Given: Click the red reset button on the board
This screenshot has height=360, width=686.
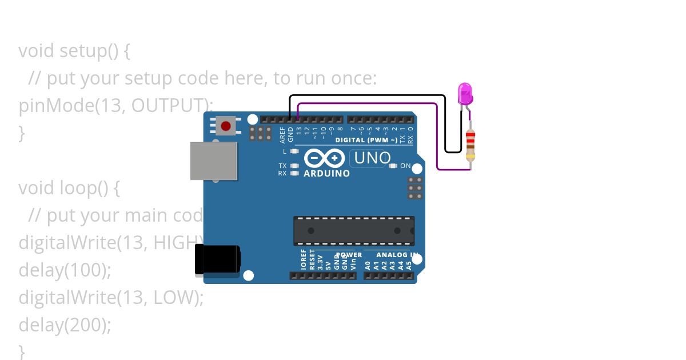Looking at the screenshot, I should tap(226, 126).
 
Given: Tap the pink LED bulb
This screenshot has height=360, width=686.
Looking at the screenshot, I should tap(465, 93).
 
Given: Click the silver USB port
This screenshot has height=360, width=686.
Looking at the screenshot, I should tap(213, 161).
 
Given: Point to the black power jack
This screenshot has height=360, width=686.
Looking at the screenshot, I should tap(217, 259).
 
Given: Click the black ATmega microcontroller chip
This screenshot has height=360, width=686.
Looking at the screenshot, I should tap(354, 231).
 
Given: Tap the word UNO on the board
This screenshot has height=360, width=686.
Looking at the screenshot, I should tap(372, 158).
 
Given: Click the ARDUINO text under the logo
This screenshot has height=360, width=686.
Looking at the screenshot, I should tap(326, 173).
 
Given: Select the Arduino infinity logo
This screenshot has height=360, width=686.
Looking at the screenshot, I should tap(324, 158).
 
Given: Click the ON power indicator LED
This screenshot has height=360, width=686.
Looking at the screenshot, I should tap(393, 166).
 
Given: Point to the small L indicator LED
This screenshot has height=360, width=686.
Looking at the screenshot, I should tap(294, 151).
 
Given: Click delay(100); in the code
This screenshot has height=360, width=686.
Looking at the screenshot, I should tap(65, 270).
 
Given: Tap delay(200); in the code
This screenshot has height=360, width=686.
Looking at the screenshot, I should tap(65, 325).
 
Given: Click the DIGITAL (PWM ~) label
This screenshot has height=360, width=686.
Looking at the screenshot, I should tap(366, 140).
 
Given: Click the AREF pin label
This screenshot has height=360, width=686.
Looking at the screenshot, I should tap(282, 135).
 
